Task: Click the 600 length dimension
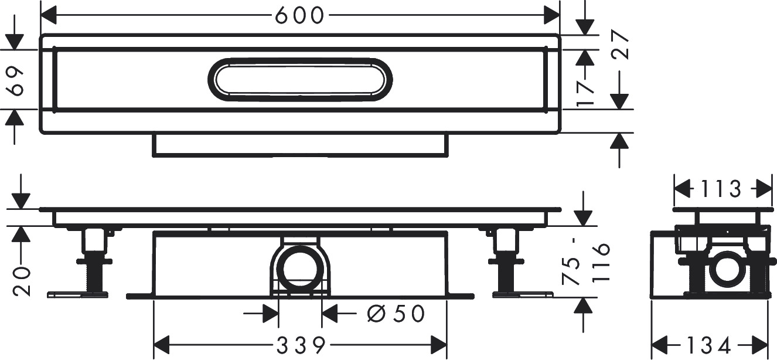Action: [299, 16]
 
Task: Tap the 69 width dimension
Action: [16, 81]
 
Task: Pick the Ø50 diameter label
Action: [396, 314]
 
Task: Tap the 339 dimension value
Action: [301, 345]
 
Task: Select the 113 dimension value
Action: [721, 189]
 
